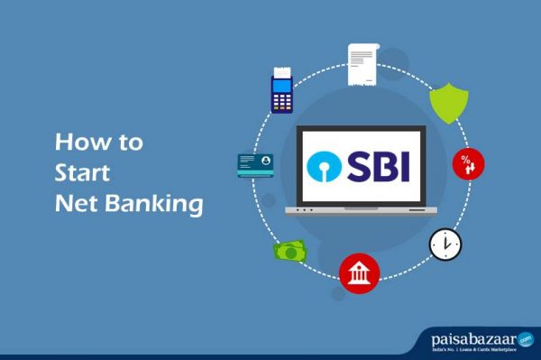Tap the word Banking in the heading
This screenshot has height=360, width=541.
coord(151,204)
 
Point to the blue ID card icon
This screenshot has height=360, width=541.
coord(255,164)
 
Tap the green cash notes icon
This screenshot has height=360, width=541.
coord(290,251)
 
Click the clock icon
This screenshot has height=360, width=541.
coord(445,243)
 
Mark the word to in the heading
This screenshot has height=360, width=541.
coord(128,143)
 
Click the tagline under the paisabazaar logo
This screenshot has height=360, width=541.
coord(472,349)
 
